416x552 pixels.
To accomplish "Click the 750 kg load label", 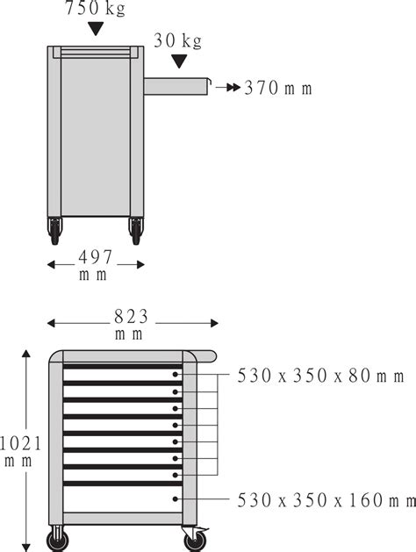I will pos(94,10).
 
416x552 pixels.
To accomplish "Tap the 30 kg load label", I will pos(178,40).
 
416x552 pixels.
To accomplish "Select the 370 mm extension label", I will pos(277,88).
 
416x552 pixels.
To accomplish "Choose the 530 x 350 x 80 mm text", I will pos(320,376).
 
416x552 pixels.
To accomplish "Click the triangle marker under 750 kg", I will pos(96,30).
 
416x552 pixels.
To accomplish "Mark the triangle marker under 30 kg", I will pos(179,61).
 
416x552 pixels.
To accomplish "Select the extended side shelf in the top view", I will pos(176,85).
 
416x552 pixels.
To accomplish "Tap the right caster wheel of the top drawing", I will pos(135,231).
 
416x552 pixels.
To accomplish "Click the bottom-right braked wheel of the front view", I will pos(193,537).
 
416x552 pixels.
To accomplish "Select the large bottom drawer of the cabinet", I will pos(122,498).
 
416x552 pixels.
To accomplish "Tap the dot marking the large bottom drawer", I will pos(176,498).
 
